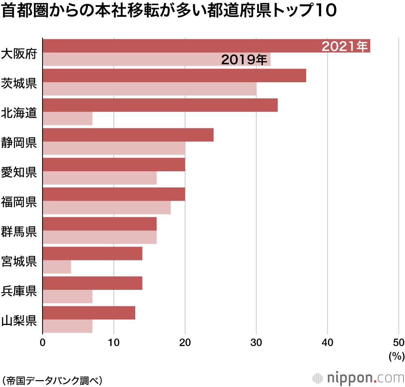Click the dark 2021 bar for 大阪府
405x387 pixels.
coord(182,46)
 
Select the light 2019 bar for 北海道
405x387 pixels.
coord(68,119)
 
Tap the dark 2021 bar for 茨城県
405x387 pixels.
coord(174,76)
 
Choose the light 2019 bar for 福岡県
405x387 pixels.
coord(107,208)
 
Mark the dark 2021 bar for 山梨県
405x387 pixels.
coord(89,313)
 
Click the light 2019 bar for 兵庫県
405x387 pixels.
coord(68,297)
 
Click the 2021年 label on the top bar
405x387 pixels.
coord(345,47)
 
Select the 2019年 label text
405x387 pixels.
coord(244,60)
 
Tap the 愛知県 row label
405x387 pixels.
coord(19,172)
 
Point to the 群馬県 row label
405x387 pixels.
coord(19,232)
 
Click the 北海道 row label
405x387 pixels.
coord(19,113)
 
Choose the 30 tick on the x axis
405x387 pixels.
coord(256,342)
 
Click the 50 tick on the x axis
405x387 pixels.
coord(399,342)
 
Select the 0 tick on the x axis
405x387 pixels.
coord(43,342)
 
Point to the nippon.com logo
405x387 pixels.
coord(358,378)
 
